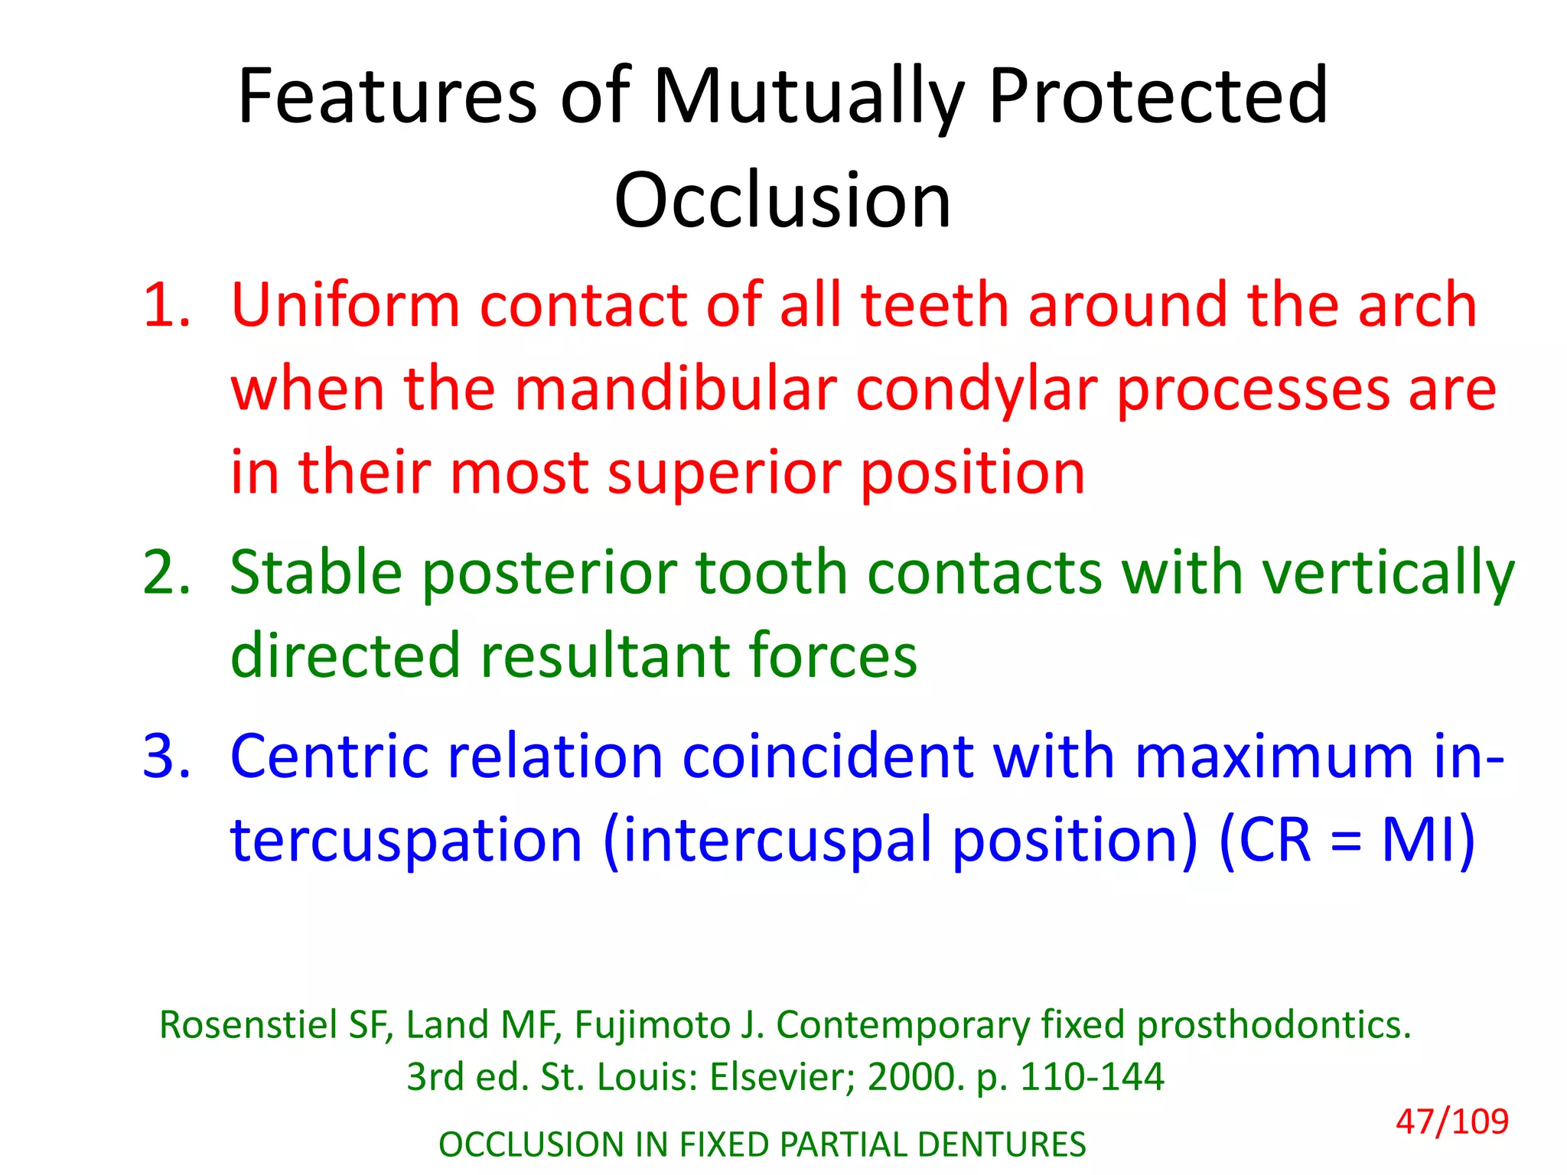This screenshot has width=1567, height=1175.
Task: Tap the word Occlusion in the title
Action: [x=783, y=200]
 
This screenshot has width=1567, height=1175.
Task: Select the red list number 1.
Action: [x=166, y=305]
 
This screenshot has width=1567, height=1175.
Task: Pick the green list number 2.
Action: [x=166, y=573]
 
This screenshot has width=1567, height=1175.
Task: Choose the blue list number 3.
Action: [x=166, y=757]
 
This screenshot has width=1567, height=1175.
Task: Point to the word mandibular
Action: [x=675, y=389]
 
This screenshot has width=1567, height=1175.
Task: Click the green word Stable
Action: [x=315, y=573]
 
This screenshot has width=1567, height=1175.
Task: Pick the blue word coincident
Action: [x=827, y=757]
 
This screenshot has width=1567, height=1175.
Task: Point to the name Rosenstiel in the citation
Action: [x=248, y=1025]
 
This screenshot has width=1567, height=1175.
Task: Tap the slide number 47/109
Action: [x=1451, y=1122]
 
